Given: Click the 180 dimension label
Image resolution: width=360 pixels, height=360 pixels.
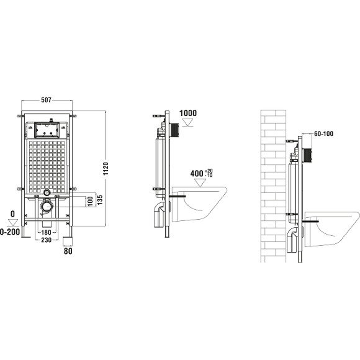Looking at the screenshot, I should coord(45,233).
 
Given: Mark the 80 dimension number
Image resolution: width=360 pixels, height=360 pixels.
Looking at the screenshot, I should coord(68,251).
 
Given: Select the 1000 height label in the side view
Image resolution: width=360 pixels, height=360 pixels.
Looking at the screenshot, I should coord(187,113).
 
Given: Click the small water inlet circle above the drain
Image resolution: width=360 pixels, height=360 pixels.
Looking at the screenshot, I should coord(48,192).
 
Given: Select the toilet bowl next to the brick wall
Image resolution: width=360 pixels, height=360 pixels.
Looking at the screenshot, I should coord(332,230).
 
